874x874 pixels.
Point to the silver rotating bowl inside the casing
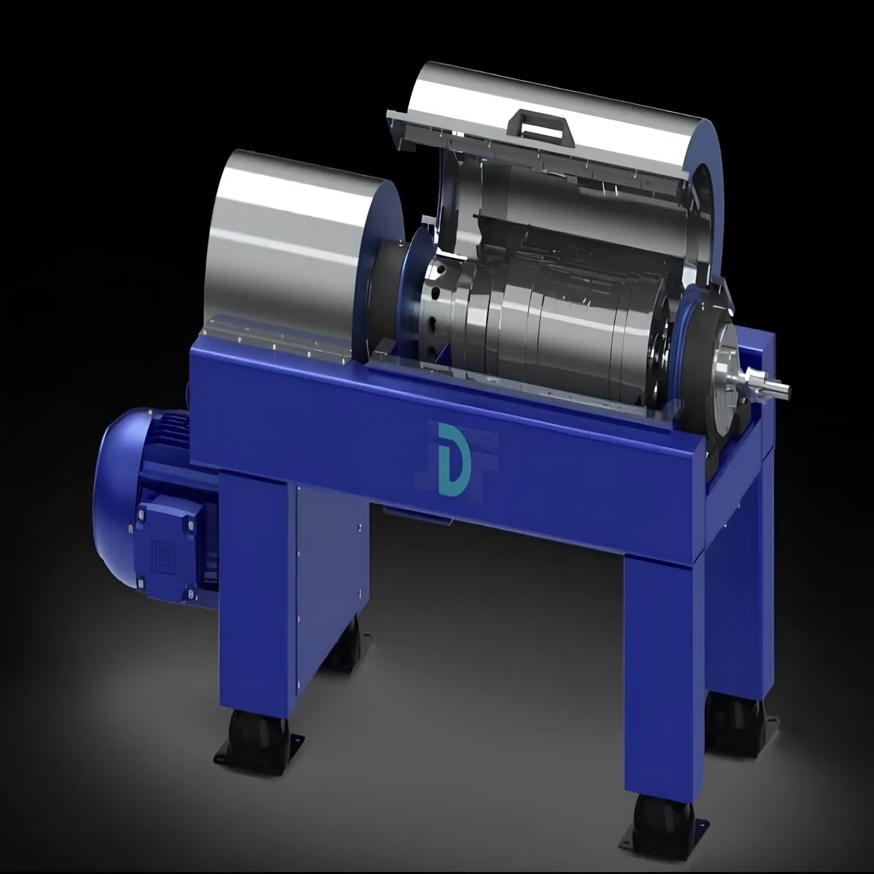point(554,320)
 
